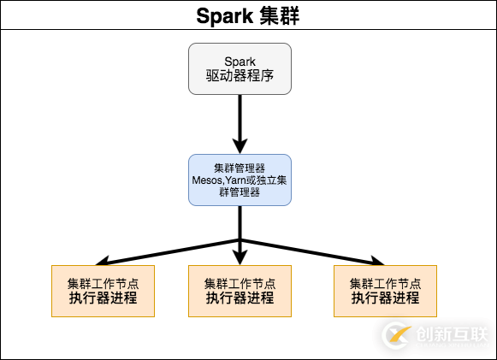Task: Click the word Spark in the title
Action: [222, 15]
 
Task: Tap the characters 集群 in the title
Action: [278, 15]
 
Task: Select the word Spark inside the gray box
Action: [240, 61]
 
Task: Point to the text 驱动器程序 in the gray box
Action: [240, 76]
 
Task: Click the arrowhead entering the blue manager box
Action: [240, 146]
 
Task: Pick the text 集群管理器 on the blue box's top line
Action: [240, 167]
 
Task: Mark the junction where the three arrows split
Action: [240, 239]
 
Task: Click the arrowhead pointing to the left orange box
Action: [100, 260]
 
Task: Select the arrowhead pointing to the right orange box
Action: [379, 260]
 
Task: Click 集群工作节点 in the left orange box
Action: [103, 283]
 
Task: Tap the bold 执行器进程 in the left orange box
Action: [103, 298]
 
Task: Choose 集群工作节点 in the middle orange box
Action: [240, 283]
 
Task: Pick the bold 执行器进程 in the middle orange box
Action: [240, 298]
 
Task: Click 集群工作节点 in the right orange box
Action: [385, 283]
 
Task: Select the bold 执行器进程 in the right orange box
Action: [385, 298]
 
